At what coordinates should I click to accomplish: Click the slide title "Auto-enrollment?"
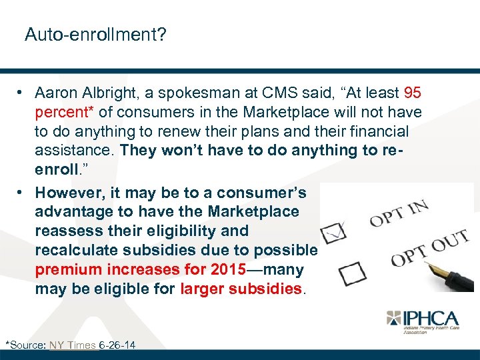(95, 34)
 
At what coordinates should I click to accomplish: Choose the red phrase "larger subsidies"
(241, 289)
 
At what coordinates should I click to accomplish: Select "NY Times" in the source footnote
(72, 345)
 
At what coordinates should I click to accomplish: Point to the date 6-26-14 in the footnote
(117, 345)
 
